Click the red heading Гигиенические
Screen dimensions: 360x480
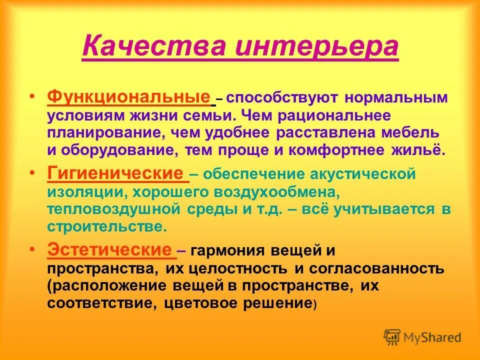point(116,173)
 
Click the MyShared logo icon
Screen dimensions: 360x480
point(392,336)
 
